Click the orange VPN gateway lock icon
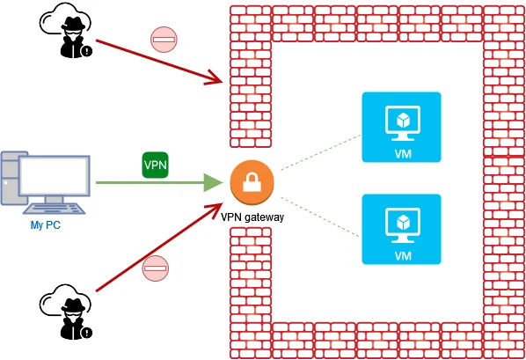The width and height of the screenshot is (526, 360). pyautogui.click(x=252, y=182)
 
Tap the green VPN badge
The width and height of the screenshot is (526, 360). pyautogui.click(x=156, y=165)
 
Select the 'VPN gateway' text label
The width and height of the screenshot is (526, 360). pyautogui.click(x=252, y=217)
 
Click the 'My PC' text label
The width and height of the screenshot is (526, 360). pyautogui.click(x=46, y=224)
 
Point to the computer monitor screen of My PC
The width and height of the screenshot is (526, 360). pyautogui.click(x=55, y=176)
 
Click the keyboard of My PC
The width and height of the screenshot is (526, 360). pyautogui.click(x=55, y=209)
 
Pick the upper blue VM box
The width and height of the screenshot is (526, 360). pyautogui.click(x=401, y=127)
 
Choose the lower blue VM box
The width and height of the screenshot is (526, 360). pyautogui.click(x=401, y=229)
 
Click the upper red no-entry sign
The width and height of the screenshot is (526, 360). pyautogui.click(x=164, y=40)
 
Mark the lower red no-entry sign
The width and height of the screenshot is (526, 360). pyautogui.click(x=156, y=268)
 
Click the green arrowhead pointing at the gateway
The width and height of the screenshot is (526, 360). pyautogui.click(x=214, y=183)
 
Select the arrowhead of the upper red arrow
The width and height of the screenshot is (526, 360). pyautogui.click(x=215, y=79)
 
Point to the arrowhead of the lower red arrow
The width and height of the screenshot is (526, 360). pyautogui.click(x=216, y=209)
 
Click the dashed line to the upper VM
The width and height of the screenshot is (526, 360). pyautogui.click(x=320, y=152)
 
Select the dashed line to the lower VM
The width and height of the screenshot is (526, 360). pyautogui.click(x=319, y=217)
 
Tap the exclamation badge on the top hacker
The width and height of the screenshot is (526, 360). pyautogui.click(x=87, y=51)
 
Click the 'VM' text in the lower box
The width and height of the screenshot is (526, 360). pyautogui.click(x=403, y=256)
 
